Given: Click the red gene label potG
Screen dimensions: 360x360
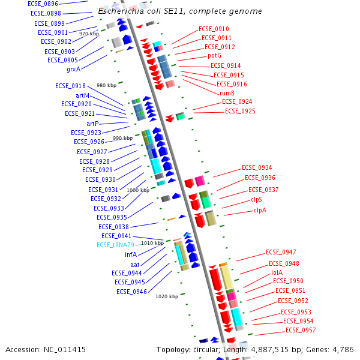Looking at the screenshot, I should click(x=214, y=55).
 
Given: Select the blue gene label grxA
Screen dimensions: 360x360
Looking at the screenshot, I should click(x=74, y=69).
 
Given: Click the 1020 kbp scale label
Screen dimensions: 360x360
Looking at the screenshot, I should click(x=166, y=296).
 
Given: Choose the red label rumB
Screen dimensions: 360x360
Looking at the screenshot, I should click(x=227, y=93).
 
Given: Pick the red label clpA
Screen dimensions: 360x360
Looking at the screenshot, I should click(x=260, y=210).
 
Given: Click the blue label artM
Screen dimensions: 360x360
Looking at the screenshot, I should click(x=82, y=95).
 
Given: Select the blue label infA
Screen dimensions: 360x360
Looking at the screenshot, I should click(x=131, y=254).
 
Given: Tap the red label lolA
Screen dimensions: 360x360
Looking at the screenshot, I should click(x=277, y=272).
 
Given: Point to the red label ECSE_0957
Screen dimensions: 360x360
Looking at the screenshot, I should click(x=301, y=330).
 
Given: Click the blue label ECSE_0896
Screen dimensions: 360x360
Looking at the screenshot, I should click(x=44, y=4).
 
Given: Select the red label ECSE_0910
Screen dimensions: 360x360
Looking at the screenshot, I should click(x=214, y=29).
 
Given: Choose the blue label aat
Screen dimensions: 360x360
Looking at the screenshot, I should click(x=135, y=264).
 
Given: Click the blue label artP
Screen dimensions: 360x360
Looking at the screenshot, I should click(x=88, y=124).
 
